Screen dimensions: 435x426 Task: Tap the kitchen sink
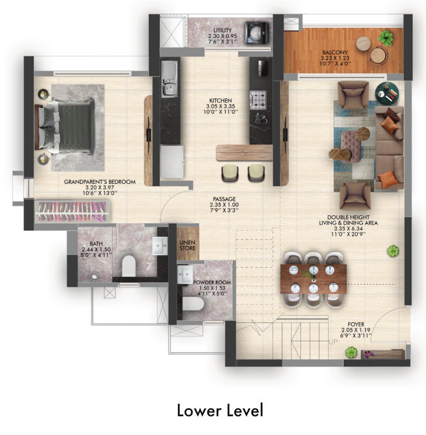169,80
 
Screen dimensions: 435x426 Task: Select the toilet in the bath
128,267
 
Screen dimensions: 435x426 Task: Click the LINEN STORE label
187,245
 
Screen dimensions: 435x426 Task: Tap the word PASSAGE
224,198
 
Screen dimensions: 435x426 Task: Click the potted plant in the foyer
351,352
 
